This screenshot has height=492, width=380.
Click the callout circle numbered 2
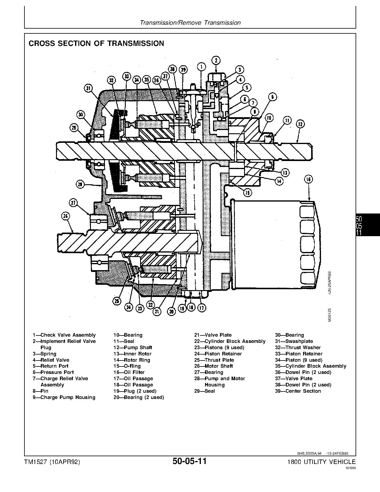click(x=216, y=60)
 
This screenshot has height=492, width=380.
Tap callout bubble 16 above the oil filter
click(x=308, y=179)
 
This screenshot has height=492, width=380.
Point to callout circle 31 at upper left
click(x=88, y=88)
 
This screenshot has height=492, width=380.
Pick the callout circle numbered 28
click(x=80, y=185)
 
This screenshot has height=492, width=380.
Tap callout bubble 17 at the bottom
click(x=202, y=307)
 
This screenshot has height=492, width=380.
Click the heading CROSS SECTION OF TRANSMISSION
click(x=96, y=44)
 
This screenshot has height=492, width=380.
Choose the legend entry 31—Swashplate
click(x=294, y=341)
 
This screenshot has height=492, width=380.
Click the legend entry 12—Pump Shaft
click(x=133, y=347)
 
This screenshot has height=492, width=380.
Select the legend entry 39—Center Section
click(x=298, y=391)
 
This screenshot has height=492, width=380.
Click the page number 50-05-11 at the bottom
click(x=189, y=461)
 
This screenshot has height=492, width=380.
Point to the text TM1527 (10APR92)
click(x=52, y=462)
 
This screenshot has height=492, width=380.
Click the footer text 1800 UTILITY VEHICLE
click(x=321, y=462)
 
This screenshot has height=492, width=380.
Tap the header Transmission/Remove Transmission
click(x=190, y=23)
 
